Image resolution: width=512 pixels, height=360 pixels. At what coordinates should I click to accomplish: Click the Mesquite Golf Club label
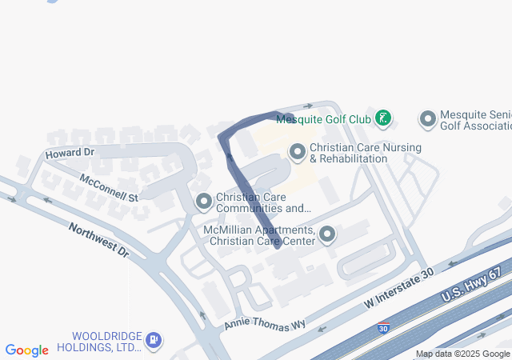pyautogui.click(x=323, y=119)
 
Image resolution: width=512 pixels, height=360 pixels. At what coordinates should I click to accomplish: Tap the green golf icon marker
pyautogui.click(x=383, y=119)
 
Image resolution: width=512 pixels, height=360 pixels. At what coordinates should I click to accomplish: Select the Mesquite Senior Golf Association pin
pyautogui.click(x=428, y=119)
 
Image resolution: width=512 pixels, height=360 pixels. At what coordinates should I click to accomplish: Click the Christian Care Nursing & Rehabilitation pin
pyautogui.click(x=298, y=150)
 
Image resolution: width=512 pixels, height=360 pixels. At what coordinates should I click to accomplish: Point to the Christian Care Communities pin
pyautogui.click(x=204, y=201)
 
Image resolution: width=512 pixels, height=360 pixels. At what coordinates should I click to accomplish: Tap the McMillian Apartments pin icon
pyautogui.click(x=327, y=234)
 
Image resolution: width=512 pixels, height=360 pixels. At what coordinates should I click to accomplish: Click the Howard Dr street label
pyautogui.click(x=70, y=152)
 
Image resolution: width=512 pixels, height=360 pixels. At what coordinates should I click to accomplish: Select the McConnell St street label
pyautogui.click(x=109, y=186)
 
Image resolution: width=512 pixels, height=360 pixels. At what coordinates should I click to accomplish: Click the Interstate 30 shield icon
pyautogui.click(x=384, y=328)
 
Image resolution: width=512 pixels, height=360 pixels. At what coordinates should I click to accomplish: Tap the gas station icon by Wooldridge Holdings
pyautogui.click(x=153, y=341)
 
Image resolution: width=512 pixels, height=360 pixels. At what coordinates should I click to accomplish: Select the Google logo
pyautogui.click(x=26, y=350)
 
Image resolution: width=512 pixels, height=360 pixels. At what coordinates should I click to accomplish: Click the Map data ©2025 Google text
pyautogui.click(x=462, y=354)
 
